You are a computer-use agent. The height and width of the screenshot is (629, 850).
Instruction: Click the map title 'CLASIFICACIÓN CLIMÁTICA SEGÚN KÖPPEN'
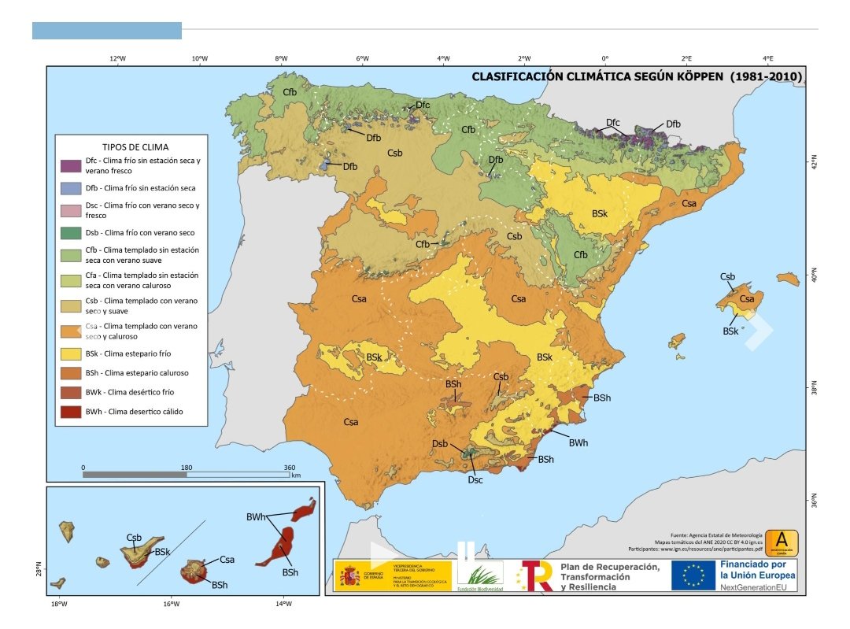pos(598,77)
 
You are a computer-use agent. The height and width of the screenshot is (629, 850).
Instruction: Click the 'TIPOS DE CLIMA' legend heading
pos(135,146)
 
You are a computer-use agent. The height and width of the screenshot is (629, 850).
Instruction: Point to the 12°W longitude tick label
pos(118,58)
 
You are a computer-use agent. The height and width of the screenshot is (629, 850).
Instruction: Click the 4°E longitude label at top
pos(768,58)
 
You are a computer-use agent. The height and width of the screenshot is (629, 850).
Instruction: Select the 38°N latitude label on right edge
pos(815,391)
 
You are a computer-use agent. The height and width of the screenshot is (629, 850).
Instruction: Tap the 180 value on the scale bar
pos(187,467)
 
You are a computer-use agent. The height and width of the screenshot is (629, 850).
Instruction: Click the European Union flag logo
pos(693,575)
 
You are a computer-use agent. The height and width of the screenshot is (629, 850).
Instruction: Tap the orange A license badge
pos(782,541)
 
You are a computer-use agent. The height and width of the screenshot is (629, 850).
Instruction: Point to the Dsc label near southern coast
pos(475,479)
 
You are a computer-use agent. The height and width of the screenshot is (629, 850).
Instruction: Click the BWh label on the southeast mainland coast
pos(578,443)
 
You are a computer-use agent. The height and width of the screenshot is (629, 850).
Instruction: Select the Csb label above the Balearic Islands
pos(727,277)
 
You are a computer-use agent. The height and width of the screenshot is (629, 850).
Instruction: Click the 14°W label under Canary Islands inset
pos(283,605)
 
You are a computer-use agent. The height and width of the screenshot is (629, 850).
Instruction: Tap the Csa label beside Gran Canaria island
pos(227,560)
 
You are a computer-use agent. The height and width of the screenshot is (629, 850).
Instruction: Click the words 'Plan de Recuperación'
pos(609,567)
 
